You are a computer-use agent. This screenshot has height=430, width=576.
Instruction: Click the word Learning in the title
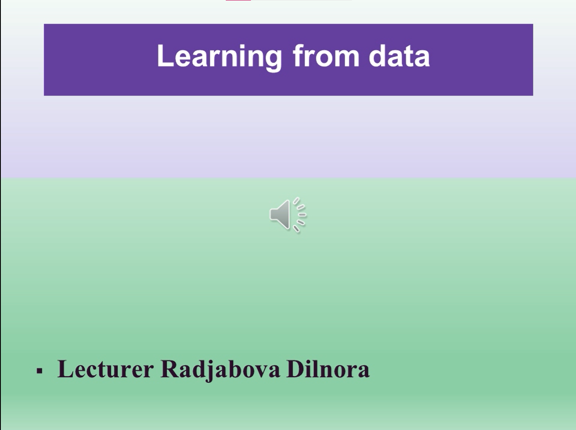click(220, 57)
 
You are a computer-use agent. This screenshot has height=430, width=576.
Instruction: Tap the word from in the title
click(326, 55)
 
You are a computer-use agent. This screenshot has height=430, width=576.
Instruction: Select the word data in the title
click(399, 56)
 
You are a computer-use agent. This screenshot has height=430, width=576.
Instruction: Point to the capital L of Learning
click(165, 56)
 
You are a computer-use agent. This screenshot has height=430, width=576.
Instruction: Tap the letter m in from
click(347, 58)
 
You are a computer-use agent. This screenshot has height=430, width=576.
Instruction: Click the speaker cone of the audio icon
click(280, 215)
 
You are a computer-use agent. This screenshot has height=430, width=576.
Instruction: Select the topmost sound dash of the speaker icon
click(296, 201)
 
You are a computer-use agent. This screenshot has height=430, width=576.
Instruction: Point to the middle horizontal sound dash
click(302, 215)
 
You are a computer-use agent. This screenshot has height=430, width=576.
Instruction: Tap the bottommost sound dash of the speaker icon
click(296, 229)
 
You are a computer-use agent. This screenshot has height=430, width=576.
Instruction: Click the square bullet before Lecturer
click(39, 371)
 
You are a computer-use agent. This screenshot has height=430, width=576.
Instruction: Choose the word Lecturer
click(105, 369)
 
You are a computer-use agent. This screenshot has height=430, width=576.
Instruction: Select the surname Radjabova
click(220, 370)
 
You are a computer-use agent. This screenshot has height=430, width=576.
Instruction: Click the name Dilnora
click(328, 368)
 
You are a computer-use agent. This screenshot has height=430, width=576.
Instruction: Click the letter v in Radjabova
click(260, 371)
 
